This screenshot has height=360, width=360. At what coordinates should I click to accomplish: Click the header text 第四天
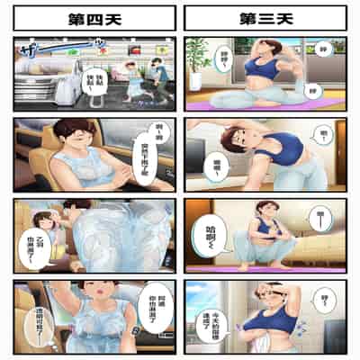click(94, 18)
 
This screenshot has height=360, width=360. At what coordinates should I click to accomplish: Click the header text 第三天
click(265, 18)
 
